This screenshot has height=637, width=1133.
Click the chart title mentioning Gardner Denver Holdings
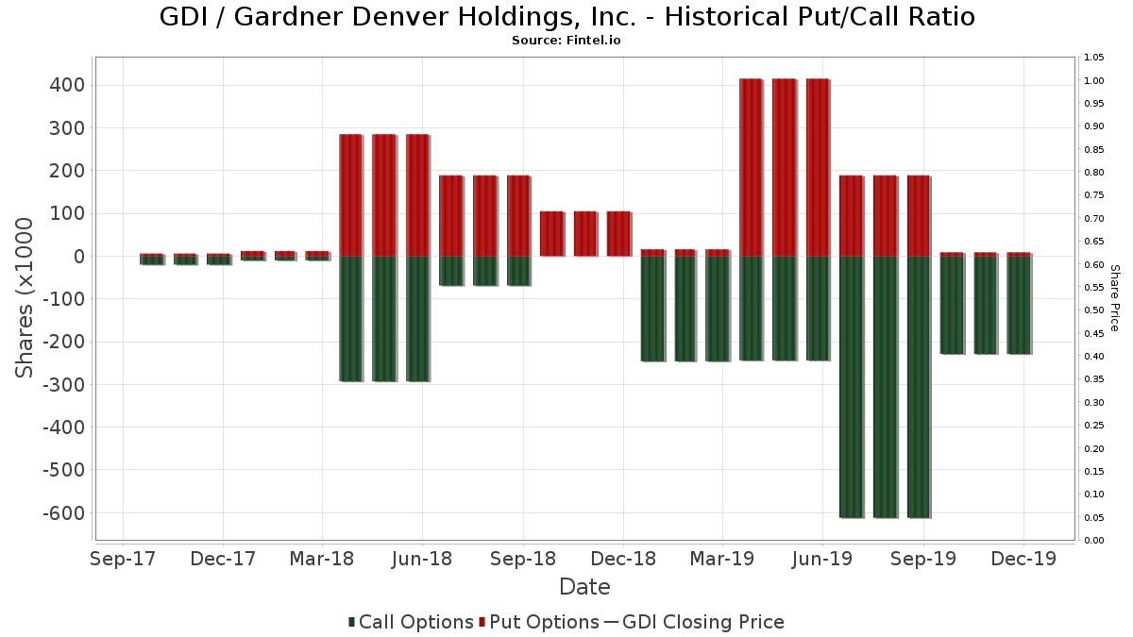click(x=566, y=17)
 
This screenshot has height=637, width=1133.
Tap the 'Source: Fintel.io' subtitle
click(x=566, y=41)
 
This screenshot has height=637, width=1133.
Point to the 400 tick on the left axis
click(x=66, y=85)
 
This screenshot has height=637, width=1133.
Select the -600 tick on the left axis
click(x=62, y=513)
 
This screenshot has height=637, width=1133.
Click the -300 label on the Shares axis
click(x=62, y=385)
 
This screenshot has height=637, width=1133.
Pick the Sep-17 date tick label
click(x=123, y=560)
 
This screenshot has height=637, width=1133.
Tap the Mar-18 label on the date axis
click(x=322, y=560)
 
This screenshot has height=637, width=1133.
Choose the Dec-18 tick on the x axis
click(x=623, y=560)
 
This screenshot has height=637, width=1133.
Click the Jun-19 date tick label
click(x=822, y=560)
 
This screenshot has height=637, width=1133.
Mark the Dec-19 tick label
click(x=1023, y=560)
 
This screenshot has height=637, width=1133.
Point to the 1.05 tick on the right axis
click(x=1094, y=58)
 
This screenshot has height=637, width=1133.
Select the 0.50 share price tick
click(x=1094, y=310)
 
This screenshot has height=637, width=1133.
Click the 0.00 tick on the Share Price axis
click(x=1094, y=541)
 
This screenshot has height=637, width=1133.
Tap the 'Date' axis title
click(x=584, y=587)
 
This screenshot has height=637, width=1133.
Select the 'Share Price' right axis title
click(x=1114, y=297)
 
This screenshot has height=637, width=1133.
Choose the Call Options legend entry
click(x=411, y=622)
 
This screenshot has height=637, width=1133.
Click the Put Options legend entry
click(x=539, y=622)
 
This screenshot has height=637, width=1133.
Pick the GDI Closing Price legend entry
click(x=694, y=622)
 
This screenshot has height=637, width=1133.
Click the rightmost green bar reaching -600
click(x=919, y=387)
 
